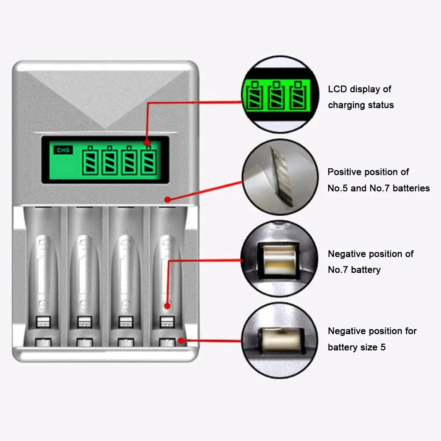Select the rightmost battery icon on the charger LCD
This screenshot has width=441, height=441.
[x=149, y=161]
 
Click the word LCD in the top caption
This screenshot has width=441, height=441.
[x=337, y=89]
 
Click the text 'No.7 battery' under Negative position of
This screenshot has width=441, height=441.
[x=354, y=270]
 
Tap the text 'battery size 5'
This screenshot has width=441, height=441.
[x=356, y=347]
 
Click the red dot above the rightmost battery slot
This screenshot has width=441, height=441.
[x=167, y=200]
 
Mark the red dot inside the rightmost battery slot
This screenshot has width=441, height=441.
[x=167, y=305]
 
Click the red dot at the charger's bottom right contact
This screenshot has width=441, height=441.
[x=181, y=340]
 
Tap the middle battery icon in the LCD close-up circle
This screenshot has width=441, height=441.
[x=276, y=95]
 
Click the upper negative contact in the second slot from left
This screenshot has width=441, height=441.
[x=84, y=322]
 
